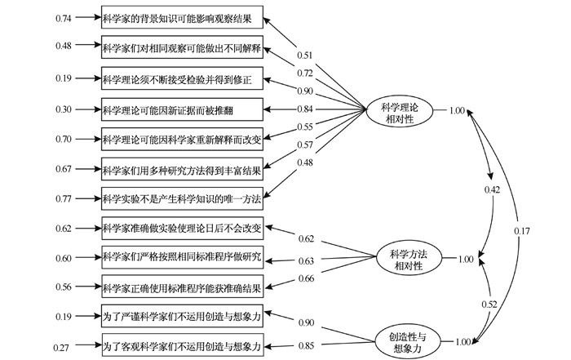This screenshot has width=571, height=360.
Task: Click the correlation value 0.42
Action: tap(491, 189)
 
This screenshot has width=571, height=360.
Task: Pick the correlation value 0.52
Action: tap(491, 304)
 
